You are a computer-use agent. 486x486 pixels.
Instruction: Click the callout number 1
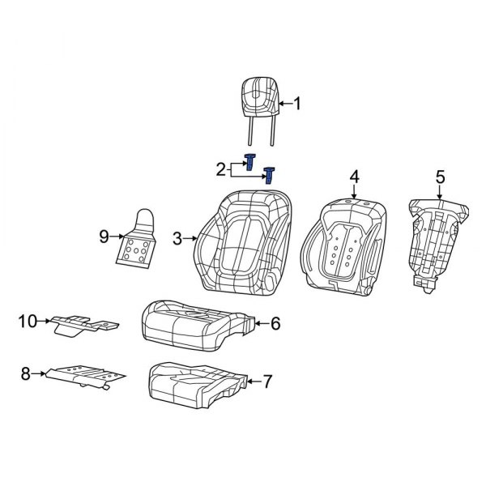(296, 104)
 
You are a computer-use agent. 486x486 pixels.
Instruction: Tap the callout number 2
(220, 168)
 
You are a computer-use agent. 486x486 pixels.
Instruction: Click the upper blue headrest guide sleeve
(250, 161)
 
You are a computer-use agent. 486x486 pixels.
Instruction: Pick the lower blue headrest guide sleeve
(269, 174)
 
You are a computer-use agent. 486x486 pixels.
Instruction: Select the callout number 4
(354, 177)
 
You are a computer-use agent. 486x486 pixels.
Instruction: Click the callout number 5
(440, 177)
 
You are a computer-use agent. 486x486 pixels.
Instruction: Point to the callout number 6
(275, 325)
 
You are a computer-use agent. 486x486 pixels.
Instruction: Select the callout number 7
(269, 381)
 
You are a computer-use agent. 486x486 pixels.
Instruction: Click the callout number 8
(25, 373)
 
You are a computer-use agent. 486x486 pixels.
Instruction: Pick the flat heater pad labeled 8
(85, 374)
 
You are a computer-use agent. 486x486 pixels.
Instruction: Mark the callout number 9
(104, 236)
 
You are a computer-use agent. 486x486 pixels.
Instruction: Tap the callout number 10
(28, 322)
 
